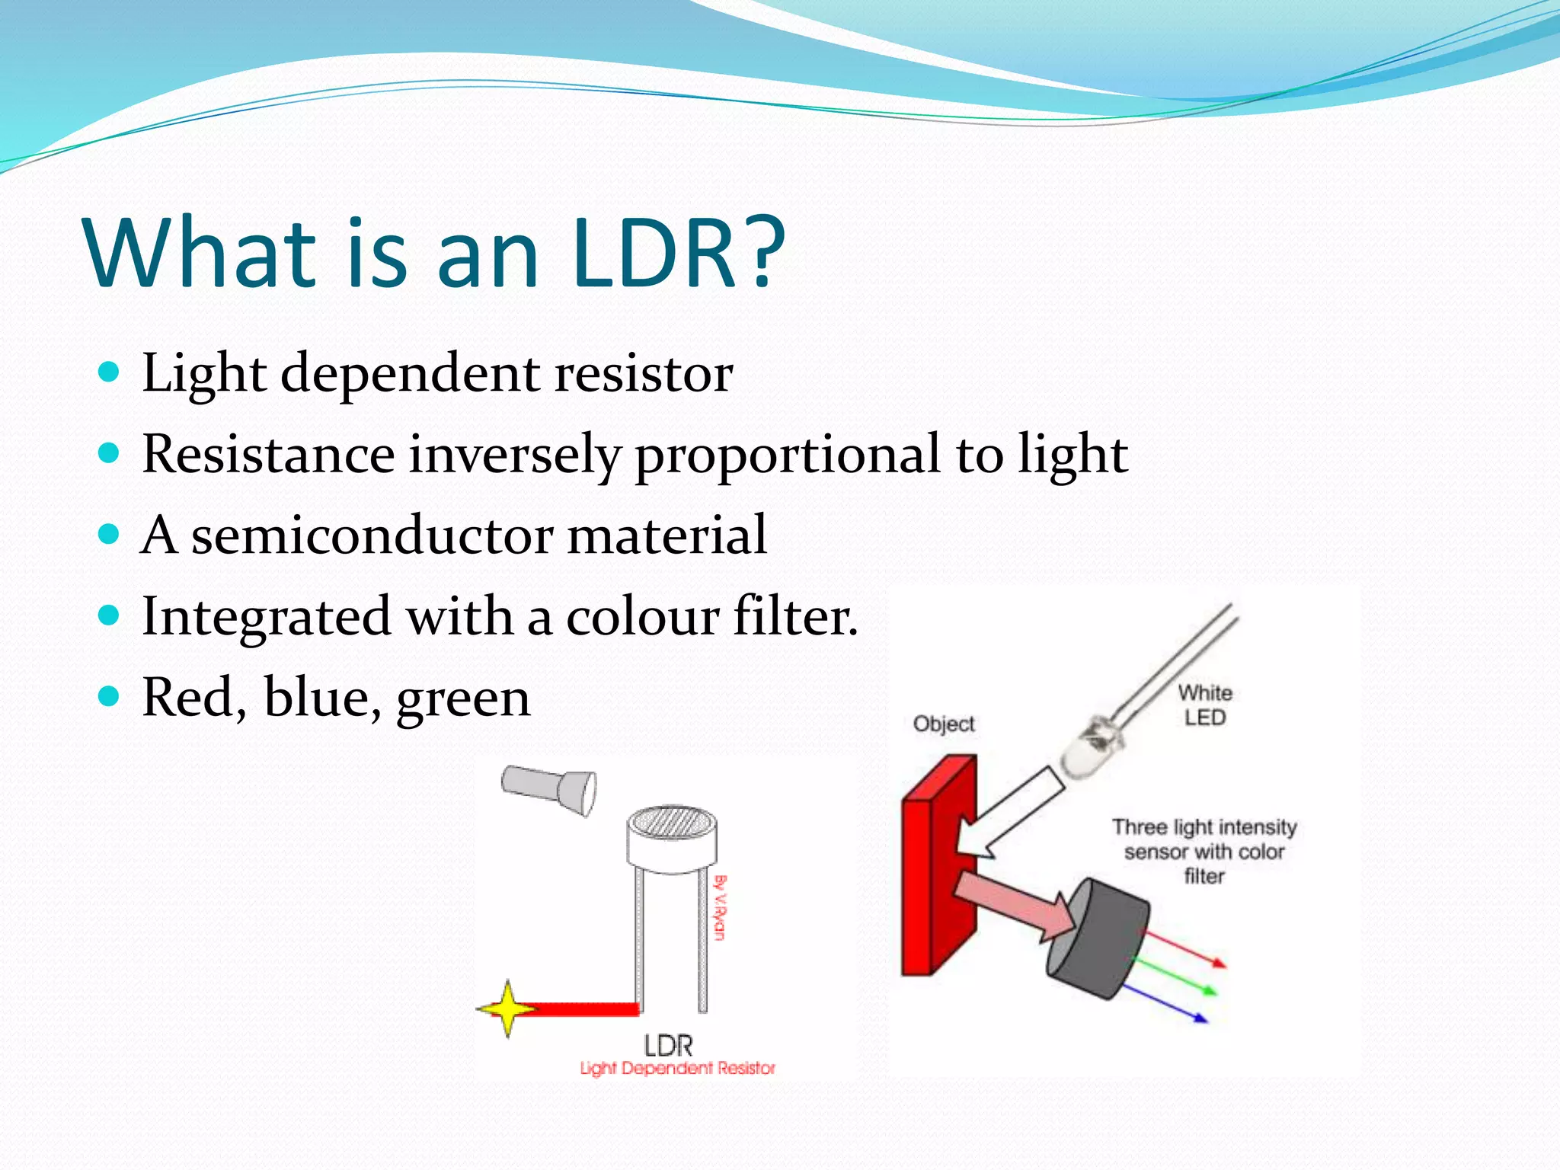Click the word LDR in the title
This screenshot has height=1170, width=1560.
pos(655,253)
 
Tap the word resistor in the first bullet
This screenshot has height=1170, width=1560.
pos(643,373)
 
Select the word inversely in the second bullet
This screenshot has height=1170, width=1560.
pos(515,455)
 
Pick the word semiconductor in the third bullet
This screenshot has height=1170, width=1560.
pos(372,535)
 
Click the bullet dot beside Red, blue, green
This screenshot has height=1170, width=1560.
pos(110,695)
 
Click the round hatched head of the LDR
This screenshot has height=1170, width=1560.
pos(671,823)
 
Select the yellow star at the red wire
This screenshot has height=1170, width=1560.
pos(507,1009)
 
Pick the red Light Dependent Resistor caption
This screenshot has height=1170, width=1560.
pos(677,1068)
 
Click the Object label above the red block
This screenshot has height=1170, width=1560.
pos(943,724)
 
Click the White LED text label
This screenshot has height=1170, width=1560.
pos(1204,705)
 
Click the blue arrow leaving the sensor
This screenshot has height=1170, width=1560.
pos(1165,1002)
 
